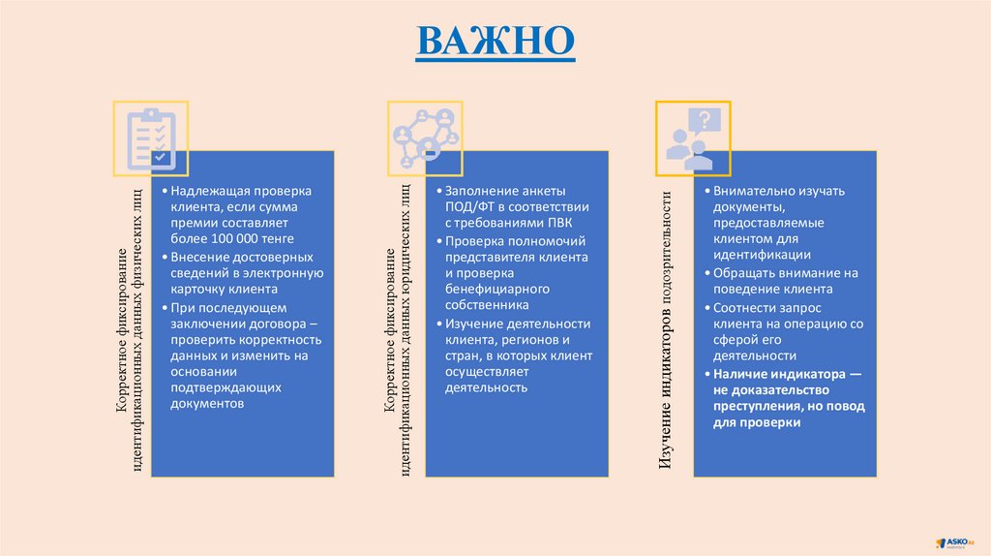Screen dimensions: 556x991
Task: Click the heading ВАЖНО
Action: tap(495, 41)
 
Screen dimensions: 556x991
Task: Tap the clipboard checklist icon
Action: tap(150, 138)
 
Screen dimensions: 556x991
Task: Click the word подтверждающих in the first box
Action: tap(225, 387)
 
